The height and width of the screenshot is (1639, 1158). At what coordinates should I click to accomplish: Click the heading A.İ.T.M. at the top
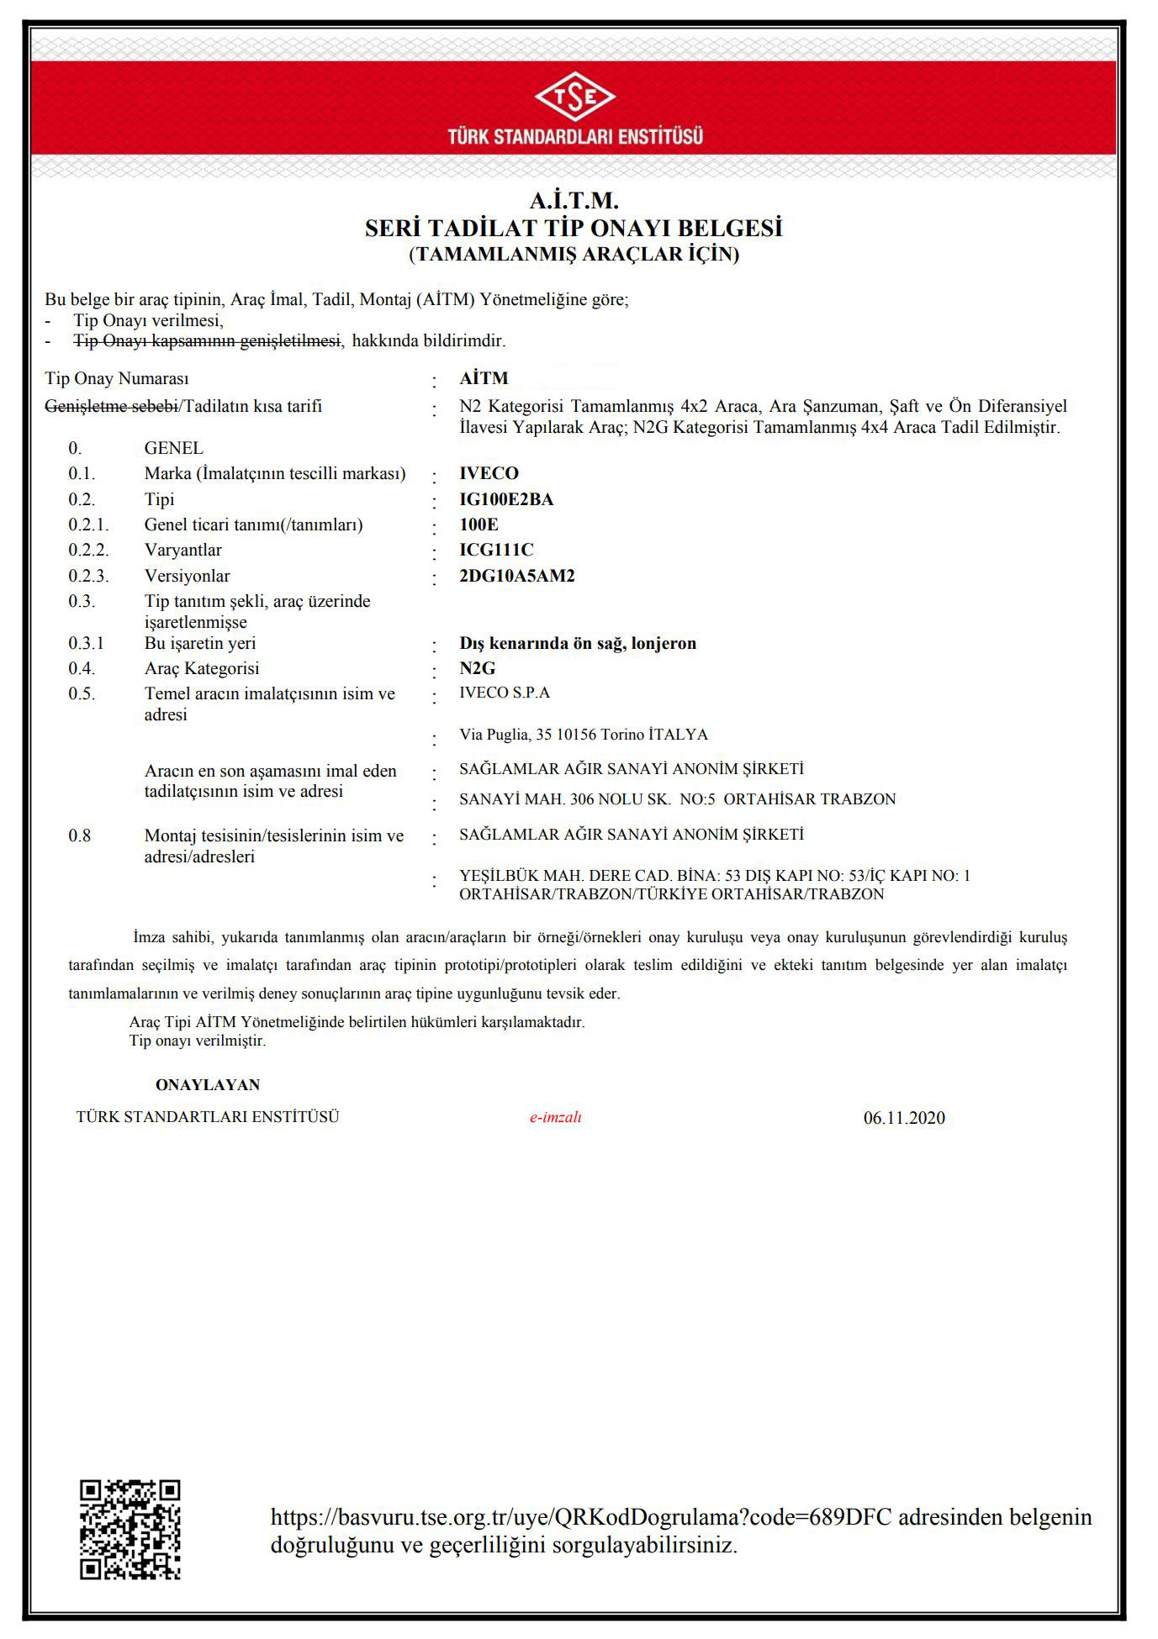574,201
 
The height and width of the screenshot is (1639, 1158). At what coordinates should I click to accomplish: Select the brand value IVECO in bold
489,473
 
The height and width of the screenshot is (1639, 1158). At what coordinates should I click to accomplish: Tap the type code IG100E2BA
506,499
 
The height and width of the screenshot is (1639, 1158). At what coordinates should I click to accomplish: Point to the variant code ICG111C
496,550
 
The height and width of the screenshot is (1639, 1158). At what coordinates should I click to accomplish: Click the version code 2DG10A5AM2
516,576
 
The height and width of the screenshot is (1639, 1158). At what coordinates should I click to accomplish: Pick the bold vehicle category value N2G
477,668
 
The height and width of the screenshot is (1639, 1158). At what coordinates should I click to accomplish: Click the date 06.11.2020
904,1118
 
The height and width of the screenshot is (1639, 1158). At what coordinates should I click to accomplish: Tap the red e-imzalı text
555,1117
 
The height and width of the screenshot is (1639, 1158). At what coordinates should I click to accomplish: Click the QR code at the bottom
130,1529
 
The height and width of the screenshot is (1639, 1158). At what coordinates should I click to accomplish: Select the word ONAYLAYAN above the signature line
208,1085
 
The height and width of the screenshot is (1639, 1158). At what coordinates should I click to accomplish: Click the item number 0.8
80,835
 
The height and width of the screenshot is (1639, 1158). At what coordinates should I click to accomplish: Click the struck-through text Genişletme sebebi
111,407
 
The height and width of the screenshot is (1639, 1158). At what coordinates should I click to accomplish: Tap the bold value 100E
479,524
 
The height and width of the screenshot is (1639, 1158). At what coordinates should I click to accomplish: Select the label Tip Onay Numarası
117,379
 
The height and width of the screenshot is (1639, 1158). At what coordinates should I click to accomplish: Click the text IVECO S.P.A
505,693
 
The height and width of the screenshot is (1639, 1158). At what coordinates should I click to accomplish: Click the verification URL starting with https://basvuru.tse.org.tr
581,1517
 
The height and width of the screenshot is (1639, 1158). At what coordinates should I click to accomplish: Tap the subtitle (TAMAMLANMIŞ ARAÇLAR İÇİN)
574,254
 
